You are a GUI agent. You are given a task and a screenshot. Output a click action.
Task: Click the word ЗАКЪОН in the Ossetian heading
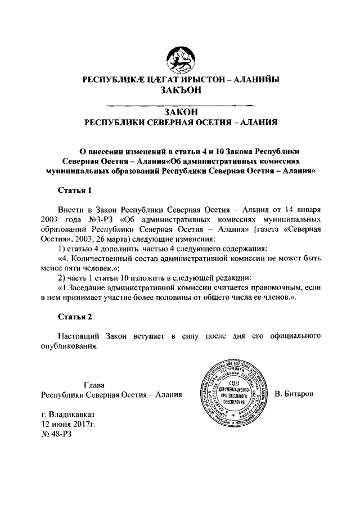click(180, 91)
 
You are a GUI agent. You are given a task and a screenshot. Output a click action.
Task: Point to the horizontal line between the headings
click(180, 105)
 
